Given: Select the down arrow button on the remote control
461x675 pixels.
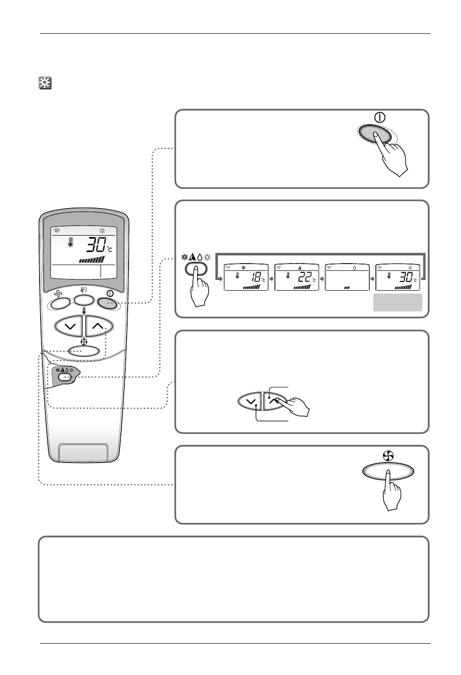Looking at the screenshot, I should click(70, 326).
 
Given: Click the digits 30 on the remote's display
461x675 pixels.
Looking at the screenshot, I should click(95, 246).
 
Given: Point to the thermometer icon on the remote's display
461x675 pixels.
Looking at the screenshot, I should click(71, 243).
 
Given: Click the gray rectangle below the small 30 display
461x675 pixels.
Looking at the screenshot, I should click(398, 302).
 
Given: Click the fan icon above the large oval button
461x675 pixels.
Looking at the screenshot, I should click(389, 455).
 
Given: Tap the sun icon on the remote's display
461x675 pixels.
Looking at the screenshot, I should click(102, 230).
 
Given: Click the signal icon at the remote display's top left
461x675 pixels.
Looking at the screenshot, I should click(57, 230).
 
